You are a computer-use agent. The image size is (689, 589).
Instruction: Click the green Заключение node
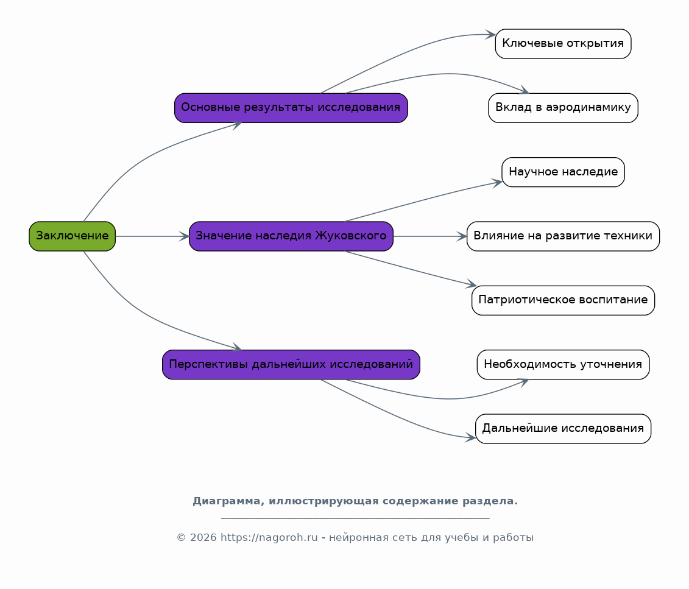click(72, 236)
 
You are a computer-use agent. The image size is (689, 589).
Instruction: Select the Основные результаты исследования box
click(291, 108)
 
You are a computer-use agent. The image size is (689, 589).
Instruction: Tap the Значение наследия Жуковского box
click(291, 236)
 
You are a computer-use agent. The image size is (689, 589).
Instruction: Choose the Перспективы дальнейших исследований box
click(291, 365)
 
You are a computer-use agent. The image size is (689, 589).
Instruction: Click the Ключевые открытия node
click(563, 43)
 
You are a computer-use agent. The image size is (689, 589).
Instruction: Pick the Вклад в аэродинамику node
click(563, 108)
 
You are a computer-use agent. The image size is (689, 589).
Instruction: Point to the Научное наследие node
click(563, 172)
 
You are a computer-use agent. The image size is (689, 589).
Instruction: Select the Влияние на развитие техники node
click(563, 236)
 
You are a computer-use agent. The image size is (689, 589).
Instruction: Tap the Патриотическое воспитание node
click(563, 300)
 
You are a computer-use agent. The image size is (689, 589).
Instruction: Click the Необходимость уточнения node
click(563, 365)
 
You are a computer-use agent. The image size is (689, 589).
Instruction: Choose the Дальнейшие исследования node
click(563, 429)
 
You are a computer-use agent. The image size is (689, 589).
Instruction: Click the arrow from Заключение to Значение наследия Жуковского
click(152, 236)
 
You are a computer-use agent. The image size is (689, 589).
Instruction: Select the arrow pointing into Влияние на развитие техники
click(429, 236)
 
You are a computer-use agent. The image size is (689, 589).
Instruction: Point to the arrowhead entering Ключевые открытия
click(490, 35)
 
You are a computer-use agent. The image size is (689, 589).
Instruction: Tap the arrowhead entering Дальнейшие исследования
click(471, 437)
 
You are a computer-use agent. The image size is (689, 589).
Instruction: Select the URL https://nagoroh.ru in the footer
click(269, 538)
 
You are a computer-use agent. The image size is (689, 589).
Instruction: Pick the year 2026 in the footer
click(203, 538)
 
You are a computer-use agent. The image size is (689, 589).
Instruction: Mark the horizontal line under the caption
click(355, 519)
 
